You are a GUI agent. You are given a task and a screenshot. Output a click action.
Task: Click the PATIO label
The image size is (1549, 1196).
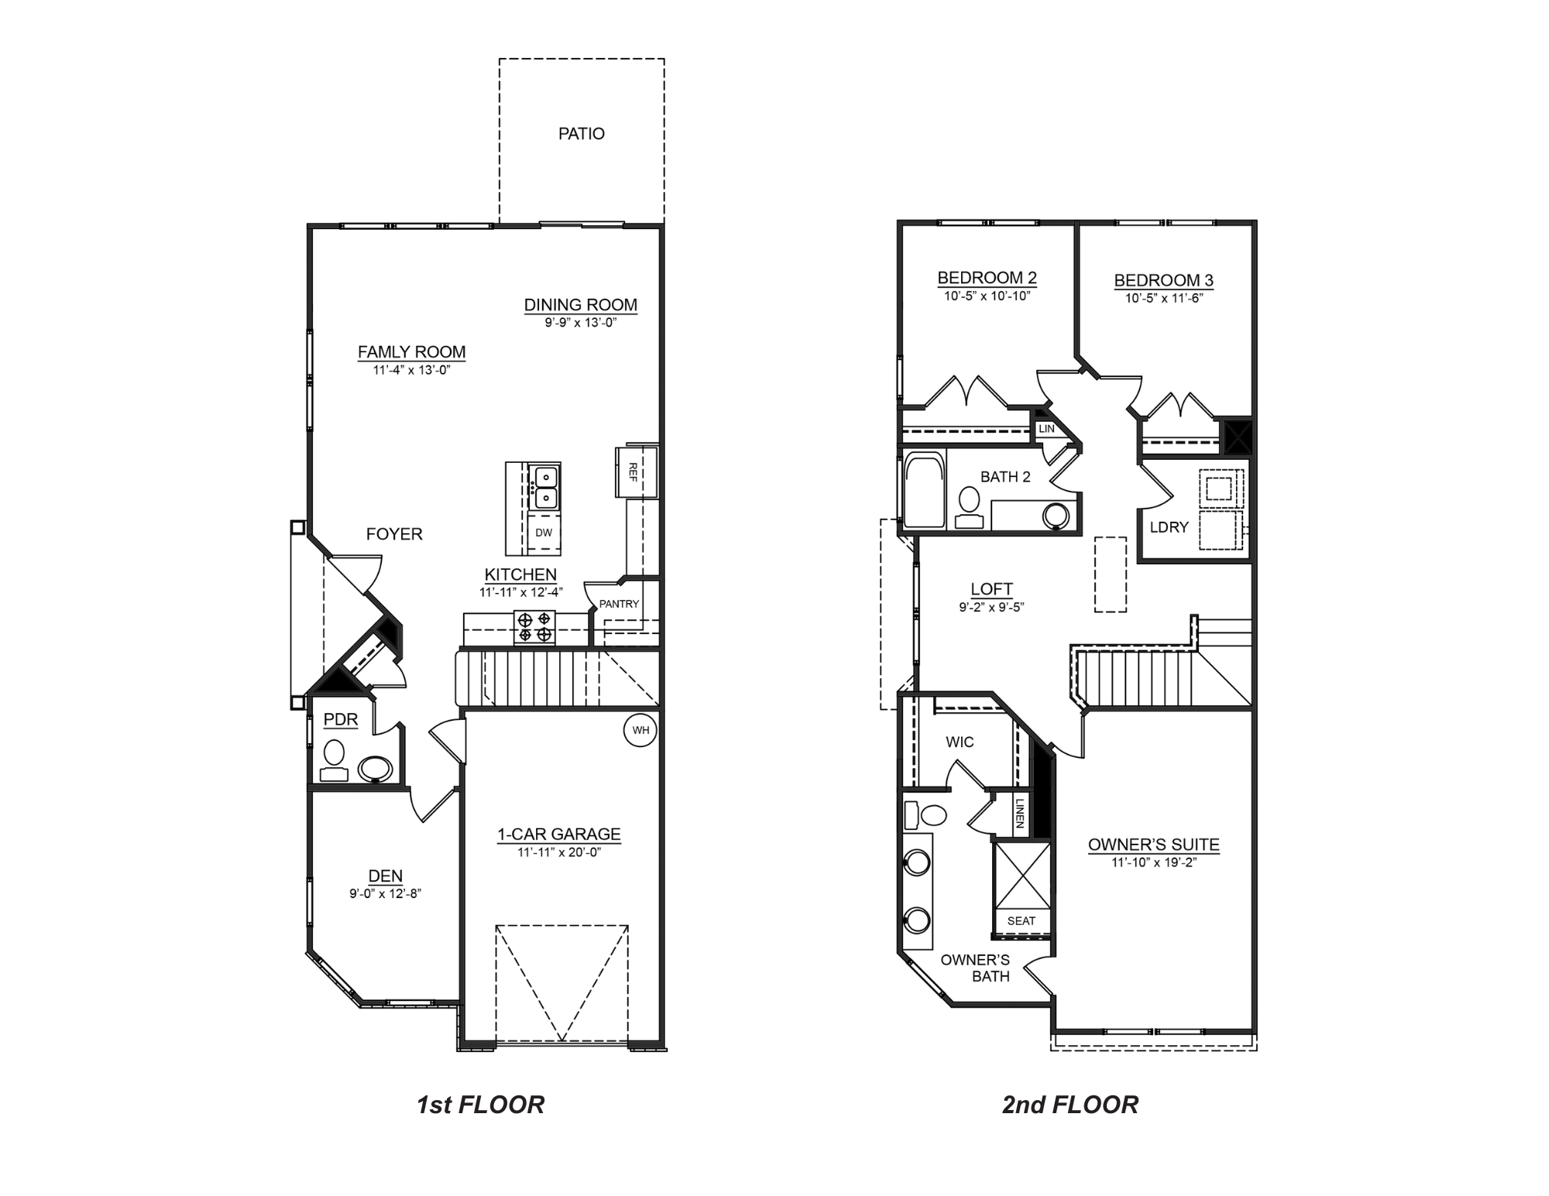click(x=581, y=134)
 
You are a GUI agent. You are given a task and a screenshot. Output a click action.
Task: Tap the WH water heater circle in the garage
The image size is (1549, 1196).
click(x=641, y=730)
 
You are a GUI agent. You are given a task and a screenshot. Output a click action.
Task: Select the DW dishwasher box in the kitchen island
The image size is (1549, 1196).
click(x=544, y=533)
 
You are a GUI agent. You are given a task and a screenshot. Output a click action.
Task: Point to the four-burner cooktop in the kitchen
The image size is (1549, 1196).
click(x=535, y=627)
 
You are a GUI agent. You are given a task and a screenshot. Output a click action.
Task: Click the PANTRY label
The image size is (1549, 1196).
click(x=619, y=604)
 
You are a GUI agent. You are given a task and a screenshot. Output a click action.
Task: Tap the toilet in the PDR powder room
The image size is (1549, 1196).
click(x=334, y=759)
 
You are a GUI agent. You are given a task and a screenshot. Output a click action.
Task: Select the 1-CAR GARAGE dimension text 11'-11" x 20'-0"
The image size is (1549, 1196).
click(x=559, y=852)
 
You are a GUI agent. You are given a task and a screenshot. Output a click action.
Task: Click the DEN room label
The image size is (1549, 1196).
click(x=385, y=876)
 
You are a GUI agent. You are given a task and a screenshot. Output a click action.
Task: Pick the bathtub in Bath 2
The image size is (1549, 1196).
click(x=924, y=490)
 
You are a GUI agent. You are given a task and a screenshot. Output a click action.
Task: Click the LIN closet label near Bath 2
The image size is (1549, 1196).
click(x=1046, y=428)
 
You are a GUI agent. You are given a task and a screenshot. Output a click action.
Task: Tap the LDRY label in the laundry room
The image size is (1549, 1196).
click(x=1169, y=527)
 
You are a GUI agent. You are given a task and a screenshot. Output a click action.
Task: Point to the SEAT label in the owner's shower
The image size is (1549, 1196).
click(x=1021, y=920)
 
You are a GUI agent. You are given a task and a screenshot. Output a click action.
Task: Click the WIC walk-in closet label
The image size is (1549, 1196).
click(x=960, y=742)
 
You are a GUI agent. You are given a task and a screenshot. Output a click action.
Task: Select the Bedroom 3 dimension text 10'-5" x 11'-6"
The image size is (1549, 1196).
click(x=1163, y=298)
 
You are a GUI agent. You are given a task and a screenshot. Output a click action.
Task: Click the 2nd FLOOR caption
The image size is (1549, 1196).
click(x=1070, y=1105)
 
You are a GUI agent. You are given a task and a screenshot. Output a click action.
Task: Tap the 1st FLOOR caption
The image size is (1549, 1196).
click(x=480, y=1105)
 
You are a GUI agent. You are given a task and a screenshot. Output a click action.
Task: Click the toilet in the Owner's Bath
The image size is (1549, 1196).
click(x=928, y=815)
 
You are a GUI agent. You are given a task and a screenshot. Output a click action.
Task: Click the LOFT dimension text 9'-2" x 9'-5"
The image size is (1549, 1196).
click(x=991, y=608)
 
